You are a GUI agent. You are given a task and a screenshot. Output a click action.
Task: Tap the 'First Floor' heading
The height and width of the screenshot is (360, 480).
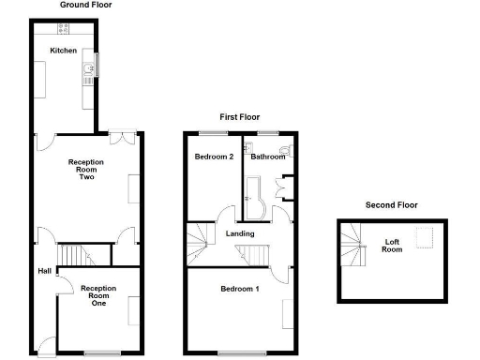pos(240,116)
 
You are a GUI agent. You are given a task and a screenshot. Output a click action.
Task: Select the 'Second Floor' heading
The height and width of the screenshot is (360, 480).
pos(392,204)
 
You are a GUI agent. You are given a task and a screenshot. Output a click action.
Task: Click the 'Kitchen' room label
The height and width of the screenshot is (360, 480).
pos(63,50)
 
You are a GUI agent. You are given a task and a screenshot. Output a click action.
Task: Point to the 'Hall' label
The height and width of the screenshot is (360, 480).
pos(44,271)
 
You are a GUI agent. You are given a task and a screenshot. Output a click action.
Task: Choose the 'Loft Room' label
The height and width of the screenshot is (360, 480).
pos(395,246)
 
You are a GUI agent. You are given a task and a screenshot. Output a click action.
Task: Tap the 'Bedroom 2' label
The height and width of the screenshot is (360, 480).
pos(214,157)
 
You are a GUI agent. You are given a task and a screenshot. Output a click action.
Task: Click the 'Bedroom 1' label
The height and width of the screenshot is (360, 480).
pos(240,289)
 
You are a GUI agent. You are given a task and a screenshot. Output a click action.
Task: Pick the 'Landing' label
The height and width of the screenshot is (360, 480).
pos(240,233)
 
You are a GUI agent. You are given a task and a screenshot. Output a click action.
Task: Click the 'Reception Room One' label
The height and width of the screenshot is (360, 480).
pos(98,295)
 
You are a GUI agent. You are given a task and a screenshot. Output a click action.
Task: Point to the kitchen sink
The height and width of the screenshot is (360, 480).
pos(87,68)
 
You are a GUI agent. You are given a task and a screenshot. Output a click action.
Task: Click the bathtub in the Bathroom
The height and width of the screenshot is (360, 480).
pos(256,192)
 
